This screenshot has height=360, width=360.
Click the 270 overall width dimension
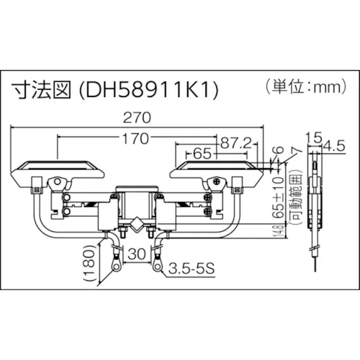[136, 119]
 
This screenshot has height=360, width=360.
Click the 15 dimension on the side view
[314, 136]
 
